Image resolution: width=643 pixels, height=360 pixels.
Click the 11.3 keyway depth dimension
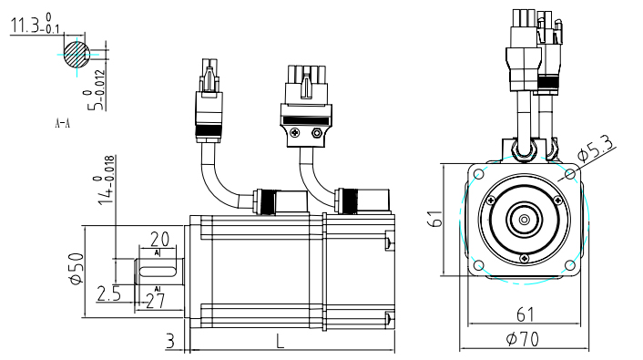pyautogui.click(x=35, y=24)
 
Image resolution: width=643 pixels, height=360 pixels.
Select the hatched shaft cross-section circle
pyautogui.click(x=77, y=54)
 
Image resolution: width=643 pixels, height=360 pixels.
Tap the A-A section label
pyautogui.click(x=62, y=123)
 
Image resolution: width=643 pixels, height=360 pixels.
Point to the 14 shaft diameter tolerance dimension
pyautogui.click(x=104, y=180)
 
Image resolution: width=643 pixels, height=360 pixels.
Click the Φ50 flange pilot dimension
pyautogui.click(x=77, y=269)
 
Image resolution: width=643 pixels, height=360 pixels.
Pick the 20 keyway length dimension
pyautogui.click(x=159, y=239)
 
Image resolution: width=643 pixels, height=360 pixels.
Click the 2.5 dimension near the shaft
pyautogui.click(x=108, y=293)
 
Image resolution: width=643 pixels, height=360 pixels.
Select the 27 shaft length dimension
pyautogui.click(x=156, y=302)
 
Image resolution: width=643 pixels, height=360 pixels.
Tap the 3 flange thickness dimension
pyautogui.click(x=170, y=341)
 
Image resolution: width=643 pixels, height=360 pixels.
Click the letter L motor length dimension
pyautogui.click(x=280, y=341)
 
